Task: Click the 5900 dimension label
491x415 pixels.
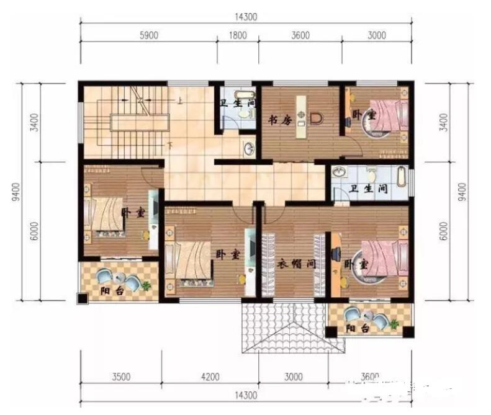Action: pyautogui.click(x=149, y=35)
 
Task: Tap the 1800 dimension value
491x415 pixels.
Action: pyautogui.click(x=238, y=35)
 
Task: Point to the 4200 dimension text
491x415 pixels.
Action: pyautogui.click(x=210, y=377)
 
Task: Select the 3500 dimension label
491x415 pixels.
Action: pyautogui.click(x=121, y=377)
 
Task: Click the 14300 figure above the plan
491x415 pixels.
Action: pyautogui.click(x=246, y=16)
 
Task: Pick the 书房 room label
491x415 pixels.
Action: pyautogui.click(x=281, y=120)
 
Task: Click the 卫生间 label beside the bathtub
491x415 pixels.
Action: pyautogui.click(x=369, y=189)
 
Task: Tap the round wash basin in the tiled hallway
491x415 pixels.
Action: pyautogui.click(x=248, y=148)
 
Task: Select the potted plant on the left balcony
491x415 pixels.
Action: pyautogui.click(x=146, y=286)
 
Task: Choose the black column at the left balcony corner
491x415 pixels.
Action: pyautogui.click(x=83, y=298)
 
